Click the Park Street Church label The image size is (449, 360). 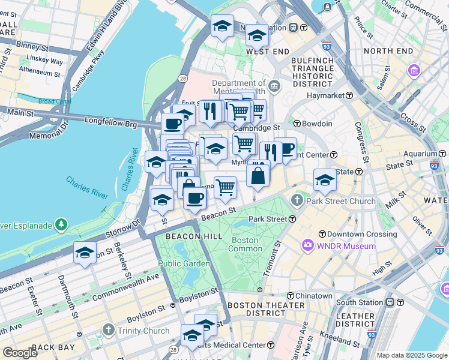click(341, 201)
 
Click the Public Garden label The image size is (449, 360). click(184, 263)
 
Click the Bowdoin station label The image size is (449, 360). click(317, 124)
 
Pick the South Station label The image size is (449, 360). click(359, 302)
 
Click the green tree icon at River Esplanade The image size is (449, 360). click(61, 224)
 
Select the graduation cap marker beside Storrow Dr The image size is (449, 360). click(85, 253)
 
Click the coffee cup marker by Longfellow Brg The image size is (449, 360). click(172, 124)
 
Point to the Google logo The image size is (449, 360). click(20, 353)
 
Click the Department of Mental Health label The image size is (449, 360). click(239, 88)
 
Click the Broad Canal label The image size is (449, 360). click(55, 101)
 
